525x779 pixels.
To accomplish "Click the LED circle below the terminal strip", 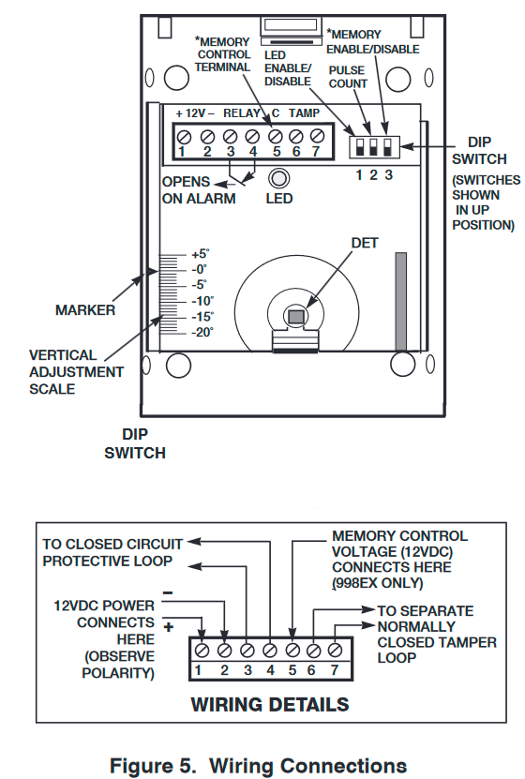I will (278, 178).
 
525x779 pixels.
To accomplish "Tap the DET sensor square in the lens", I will (296, 317).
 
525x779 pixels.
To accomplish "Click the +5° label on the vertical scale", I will (201, 253).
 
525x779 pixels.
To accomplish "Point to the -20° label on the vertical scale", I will (201, 331).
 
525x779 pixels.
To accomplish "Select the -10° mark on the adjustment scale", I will (201, 300).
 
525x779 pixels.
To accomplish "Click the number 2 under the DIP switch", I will (374, 174).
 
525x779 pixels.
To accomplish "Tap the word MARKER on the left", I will (85, 309).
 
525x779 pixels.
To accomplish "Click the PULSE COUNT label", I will (349, 77).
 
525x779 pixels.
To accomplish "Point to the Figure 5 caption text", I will (259, 765).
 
